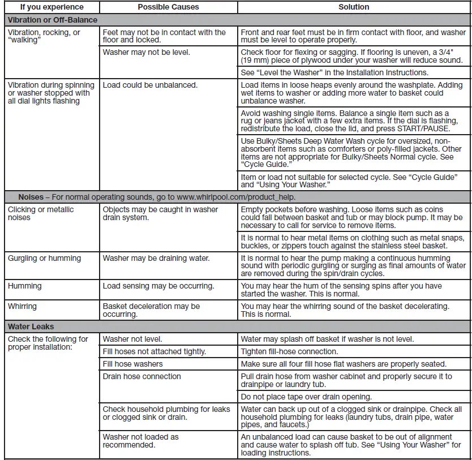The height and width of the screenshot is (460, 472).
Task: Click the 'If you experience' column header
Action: (52, 7)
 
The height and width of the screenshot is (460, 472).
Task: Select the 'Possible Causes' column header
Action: (168, 7)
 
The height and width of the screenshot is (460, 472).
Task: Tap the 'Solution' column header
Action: (354, 7)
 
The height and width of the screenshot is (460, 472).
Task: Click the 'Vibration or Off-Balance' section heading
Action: (53, 20)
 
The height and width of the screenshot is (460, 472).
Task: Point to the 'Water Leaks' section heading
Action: (31, 326)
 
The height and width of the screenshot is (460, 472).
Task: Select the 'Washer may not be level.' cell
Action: (147, 53)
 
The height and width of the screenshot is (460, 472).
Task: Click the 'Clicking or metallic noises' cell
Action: (41, 213)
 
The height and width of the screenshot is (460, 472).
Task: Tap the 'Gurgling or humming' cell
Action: (44, 258)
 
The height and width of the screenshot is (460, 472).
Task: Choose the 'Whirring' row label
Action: (22, 306)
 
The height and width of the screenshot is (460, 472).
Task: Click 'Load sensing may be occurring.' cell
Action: (158, 286)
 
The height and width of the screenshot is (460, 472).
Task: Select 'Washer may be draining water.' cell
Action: (156, 258)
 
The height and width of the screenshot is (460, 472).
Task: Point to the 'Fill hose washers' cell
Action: (132, 364)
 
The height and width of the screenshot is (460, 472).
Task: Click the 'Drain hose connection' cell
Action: (142, 376)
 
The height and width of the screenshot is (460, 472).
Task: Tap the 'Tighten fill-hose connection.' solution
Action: (289, 351)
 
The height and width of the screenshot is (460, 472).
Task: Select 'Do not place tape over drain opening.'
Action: (306, 397)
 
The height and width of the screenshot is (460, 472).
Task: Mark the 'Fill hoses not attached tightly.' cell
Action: (154, 351)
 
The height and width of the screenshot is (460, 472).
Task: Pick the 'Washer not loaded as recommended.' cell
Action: (140, 441)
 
